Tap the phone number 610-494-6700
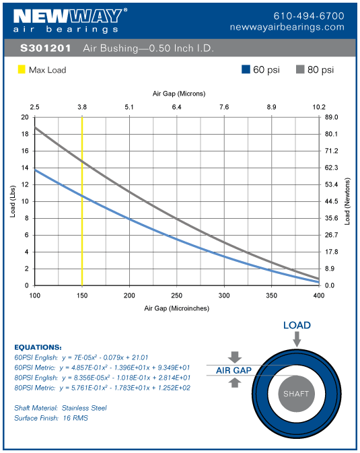[309, 15]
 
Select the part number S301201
[42, 49]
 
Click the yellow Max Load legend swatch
[21, 69]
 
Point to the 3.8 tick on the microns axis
[82, 107]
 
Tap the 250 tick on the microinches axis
[176, 295]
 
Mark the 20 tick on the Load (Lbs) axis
[25, 117]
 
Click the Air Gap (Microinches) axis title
[176, 308]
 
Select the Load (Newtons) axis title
[347, 201]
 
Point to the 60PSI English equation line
[81, 357]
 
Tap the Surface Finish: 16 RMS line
[50, 418]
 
